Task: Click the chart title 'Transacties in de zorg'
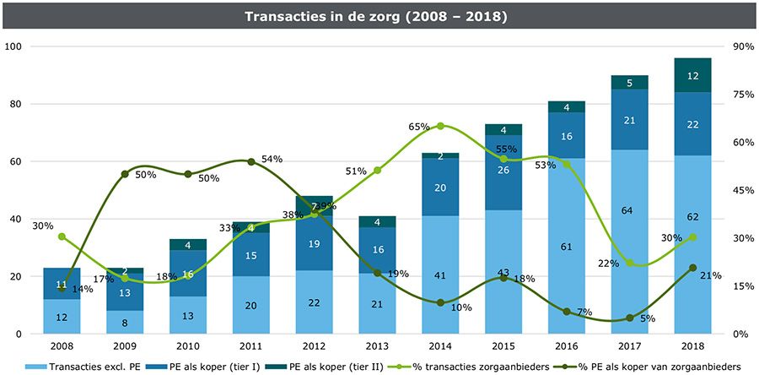tap(379, 16)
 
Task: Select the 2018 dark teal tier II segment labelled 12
tap(692, 75)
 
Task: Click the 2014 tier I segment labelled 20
tap(439, 187)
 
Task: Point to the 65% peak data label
tap(419, 126)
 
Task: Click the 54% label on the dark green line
tap(272, 159)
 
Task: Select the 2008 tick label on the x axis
tap(62, 346)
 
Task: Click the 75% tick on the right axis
tap(743, 95)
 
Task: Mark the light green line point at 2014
tap(439, 126)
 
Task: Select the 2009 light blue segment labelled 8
tap(124, 323)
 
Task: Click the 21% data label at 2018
tap(710, 276)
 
